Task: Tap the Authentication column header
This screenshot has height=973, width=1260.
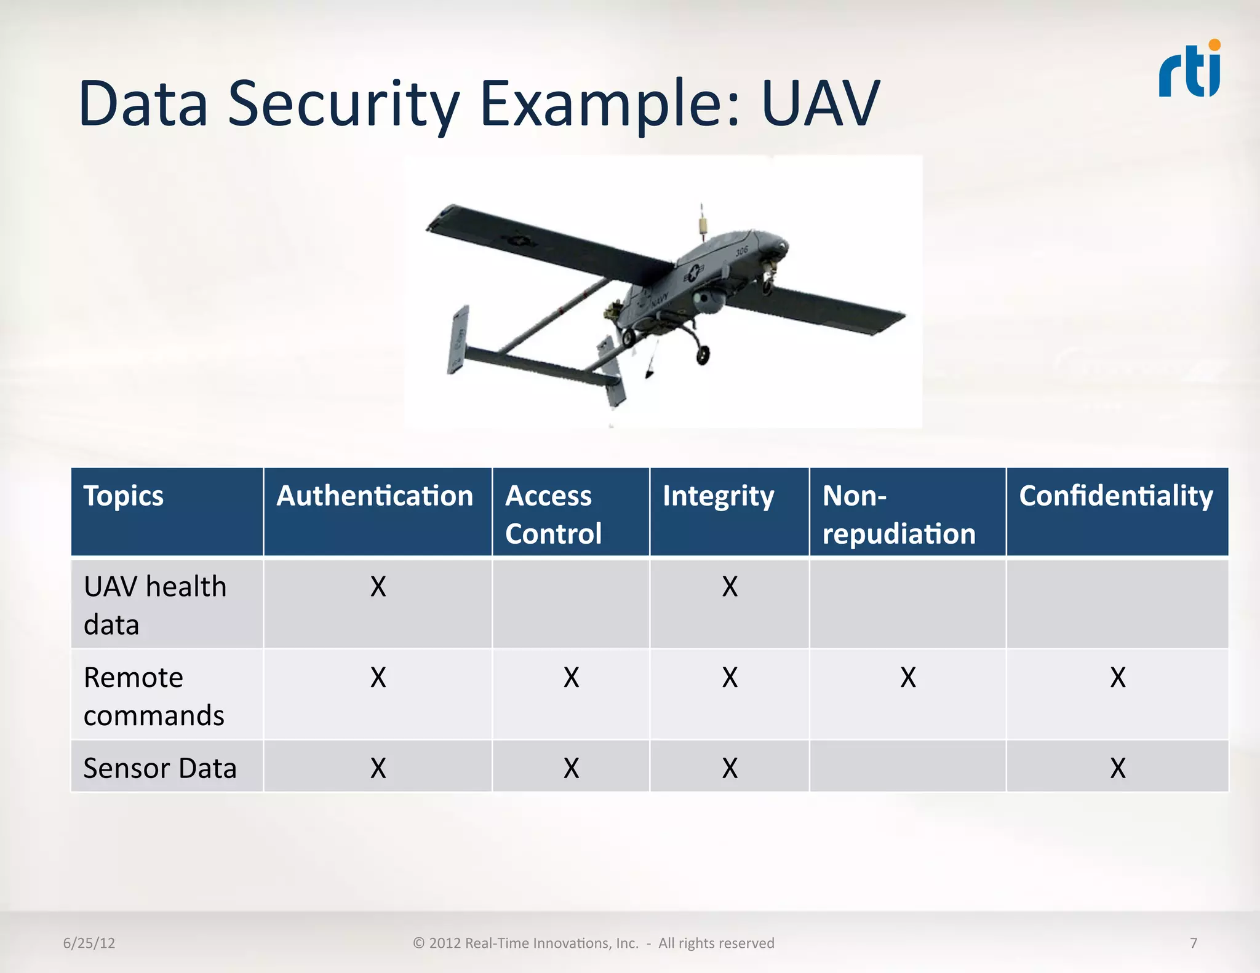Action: (375, 496)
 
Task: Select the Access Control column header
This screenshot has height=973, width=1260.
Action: (552, 514)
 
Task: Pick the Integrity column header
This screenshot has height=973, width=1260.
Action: (718, 496)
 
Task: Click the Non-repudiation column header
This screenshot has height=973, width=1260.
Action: (898, 514)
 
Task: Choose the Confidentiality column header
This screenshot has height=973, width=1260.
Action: (1115, 496)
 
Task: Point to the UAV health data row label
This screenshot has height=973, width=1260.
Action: (154, 605)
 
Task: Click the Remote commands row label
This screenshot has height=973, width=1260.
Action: (153, 696)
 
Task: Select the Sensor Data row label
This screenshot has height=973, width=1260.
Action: (160, 768)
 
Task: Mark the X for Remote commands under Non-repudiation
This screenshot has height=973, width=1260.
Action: (908, 678)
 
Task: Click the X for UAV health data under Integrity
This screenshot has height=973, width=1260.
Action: (730, 587)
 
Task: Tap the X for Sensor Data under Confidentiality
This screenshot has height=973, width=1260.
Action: (1118, 768)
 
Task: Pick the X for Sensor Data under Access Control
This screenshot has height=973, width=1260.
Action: (571, 768)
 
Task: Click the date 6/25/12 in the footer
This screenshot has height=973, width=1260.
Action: (89, 943)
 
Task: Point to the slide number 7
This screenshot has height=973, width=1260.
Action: (1194, 943)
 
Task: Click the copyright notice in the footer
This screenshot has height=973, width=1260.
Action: (593, 943)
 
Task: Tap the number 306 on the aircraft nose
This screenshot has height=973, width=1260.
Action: (742, 250)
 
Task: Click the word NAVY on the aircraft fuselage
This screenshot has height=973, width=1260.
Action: (658, 301)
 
